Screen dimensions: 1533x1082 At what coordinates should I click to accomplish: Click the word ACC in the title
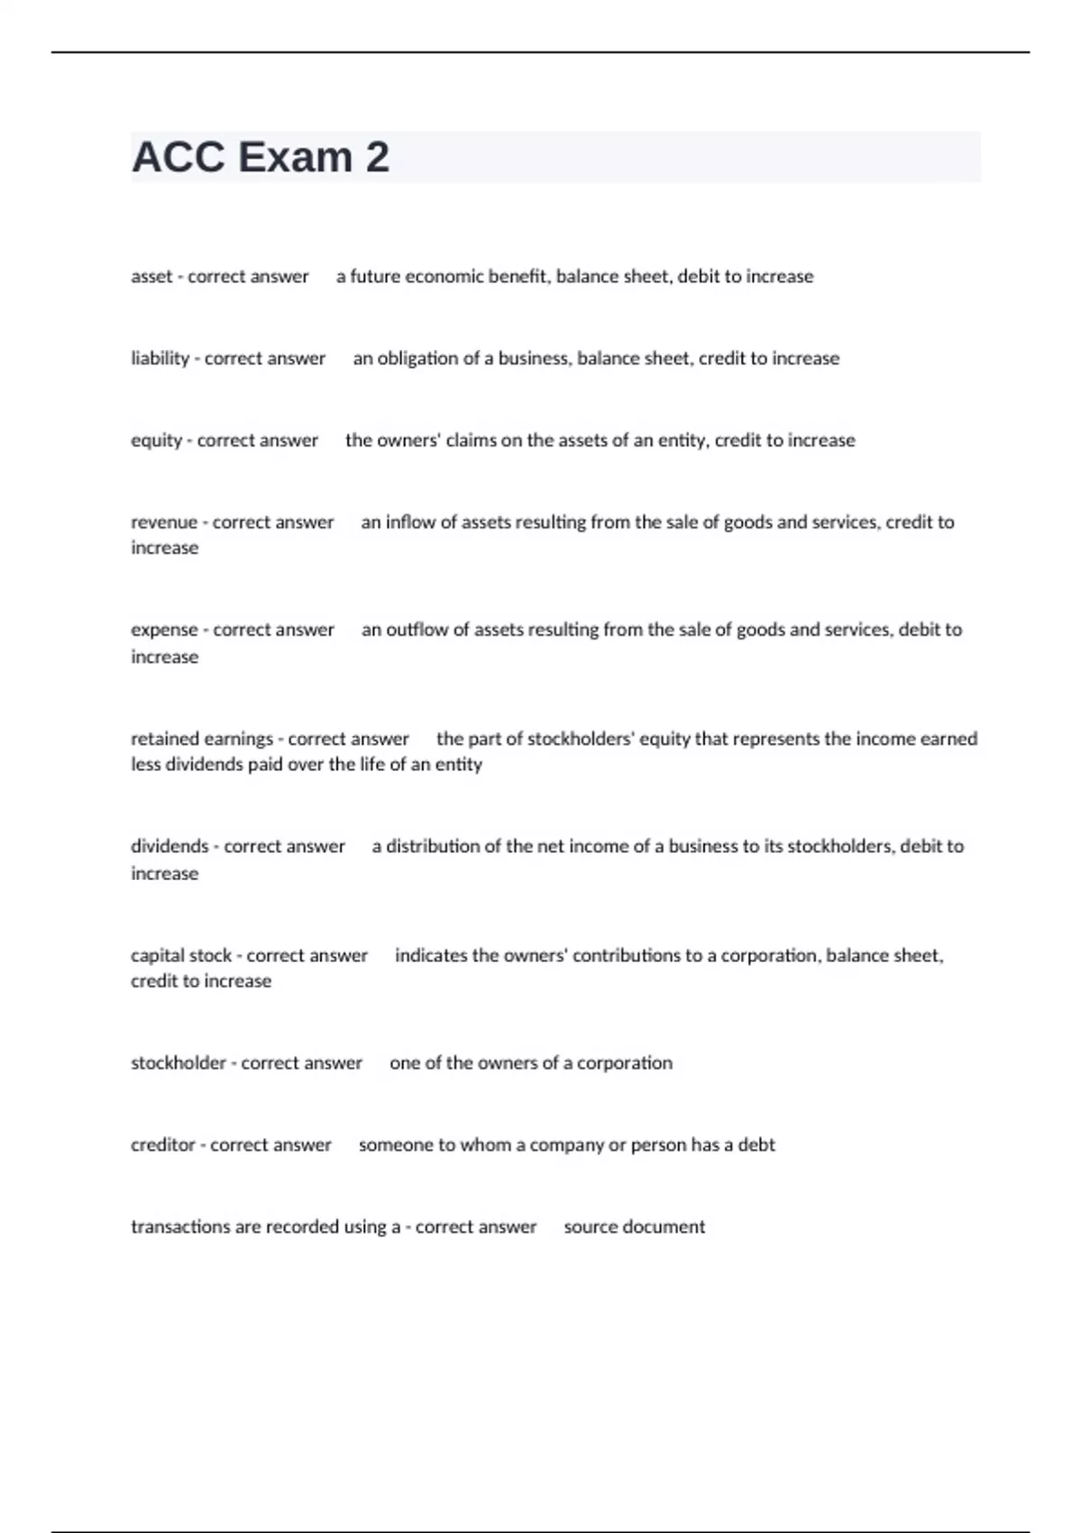(x=179, y=157)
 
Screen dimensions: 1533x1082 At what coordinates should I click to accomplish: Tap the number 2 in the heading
(x=378, y=157)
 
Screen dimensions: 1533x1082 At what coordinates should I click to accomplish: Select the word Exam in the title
(x=295, y=157)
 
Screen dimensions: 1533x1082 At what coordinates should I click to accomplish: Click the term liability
(x=160, y=358)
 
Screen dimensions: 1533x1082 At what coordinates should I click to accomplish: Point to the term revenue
(x=163, y=522)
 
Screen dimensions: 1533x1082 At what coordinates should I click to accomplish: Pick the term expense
(x=164, y=629)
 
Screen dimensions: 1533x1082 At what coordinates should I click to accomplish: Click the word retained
(x=165, y=739)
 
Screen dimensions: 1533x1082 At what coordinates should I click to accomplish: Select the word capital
(x=156, y=955)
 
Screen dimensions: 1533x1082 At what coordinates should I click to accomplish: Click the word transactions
(x=180, y=1226)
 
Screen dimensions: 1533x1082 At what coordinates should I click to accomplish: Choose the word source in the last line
(x=589, y=1226)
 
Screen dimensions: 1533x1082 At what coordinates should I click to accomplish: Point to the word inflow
(x=410, y=522)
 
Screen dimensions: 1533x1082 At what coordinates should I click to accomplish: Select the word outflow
(x=416, y=629)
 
